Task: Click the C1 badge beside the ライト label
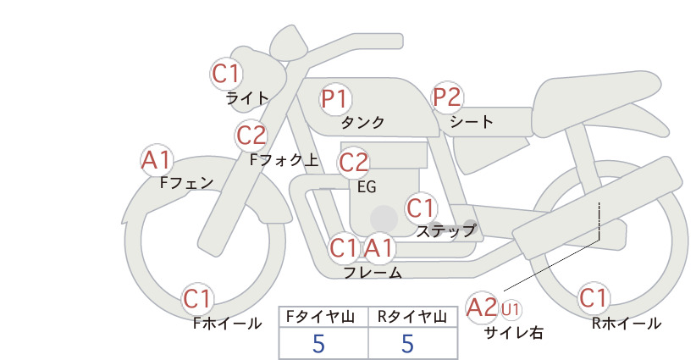click(x=226, y=74)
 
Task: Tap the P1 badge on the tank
click(x=336, y=98)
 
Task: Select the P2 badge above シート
click(x=447, y=97)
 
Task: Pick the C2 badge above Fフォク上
click(x=251, y=136)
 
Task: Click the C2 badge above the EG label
click(x=353, y=163)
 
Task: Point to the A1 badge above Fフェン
click(x=157, y=160)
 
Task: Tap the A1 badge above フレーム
click(x=379, y=247)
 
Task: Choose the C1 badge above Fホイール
click(x=196, y=299)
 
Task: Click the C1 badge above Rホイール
click(x=594, y=298)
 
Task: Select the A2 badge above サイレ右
click(x=483, y=307)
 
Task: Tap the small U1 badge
click(x=511, y=310)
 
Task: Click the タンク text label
click(x=362, y=123)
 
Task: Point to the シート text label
click(x=472, y=122)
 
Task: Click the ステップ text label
click(x=446, y=231)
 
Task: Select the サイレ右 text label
click(x=514, y=333)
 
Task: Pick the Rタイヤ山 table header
click(x=412, y=317)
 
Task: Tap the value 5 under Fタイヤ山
click(x=318, y=344)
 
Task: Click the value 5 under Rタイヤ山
click(x=407, y=344)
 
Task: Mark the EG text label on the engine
click(x=367, y=187)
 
